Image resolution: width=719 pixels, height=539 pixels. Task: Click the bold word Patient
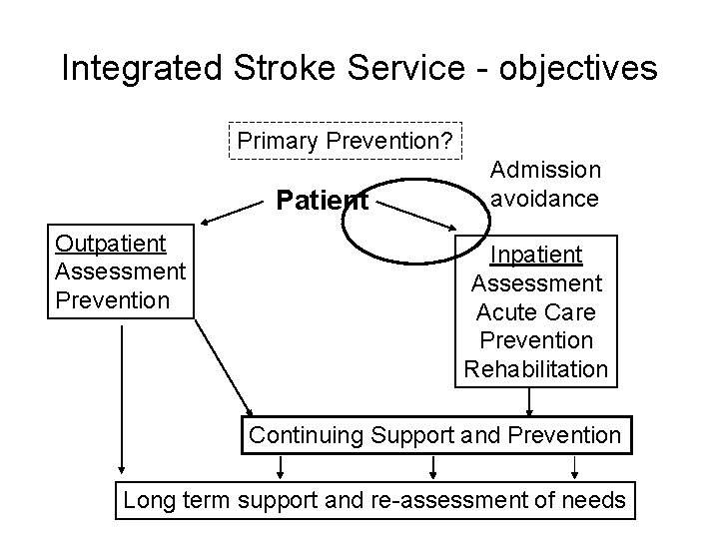322,202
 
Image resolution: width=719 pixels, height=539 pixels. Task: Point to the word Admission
545,172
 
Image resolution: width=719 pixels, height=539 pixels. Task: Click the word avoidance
545,198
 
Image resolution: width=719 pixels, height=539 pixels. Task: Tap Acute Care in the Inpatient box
536,312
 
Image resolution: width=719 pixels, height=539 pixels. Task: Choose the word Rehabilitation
536,368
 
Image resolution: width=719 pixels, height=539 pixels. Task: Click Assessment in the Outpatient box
120,271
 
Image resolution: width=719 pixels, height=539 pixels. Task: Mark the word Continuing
306,435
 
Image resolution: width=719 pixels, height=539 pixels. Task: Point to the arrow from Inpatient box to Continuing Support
530,402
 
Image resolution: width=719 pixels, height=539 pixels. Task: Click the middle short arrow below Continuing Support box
432,465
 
